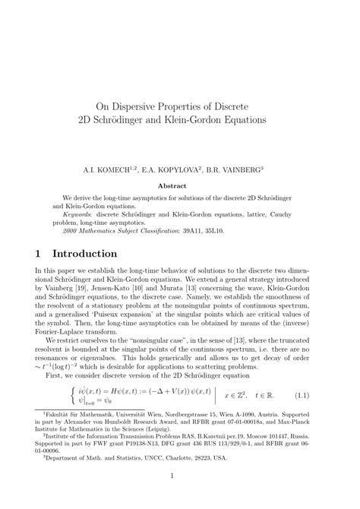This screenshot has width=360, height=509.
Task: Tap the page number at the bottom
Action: pos(179,497)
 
